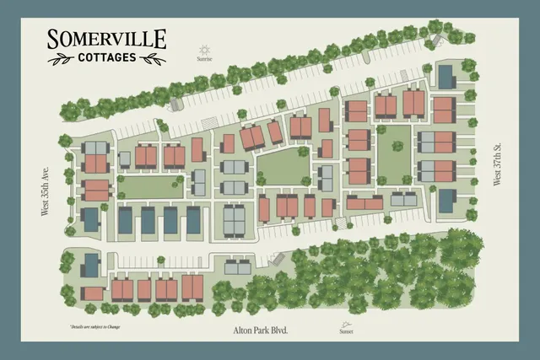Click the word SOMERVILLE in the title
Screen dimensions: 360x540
click(x=106, y=39)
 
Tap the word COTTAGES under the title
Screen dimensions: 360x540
click(x=106, y=58)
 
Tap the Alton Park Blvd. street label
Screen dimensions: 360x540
click(x=261, y=330)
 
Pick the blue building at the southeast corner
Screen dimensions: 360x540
click(x=445, y=201)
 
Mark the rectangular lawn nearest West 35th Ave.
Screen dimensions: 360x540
click(x=152, y=186)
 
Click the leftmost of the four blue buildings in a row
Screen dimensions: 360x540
click(x=125, y=221)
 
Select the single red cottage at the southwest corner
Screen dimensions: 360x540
click(x=93, y=293)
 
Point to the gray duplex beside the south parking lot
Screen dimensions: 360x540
click(x=237, y=268)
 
